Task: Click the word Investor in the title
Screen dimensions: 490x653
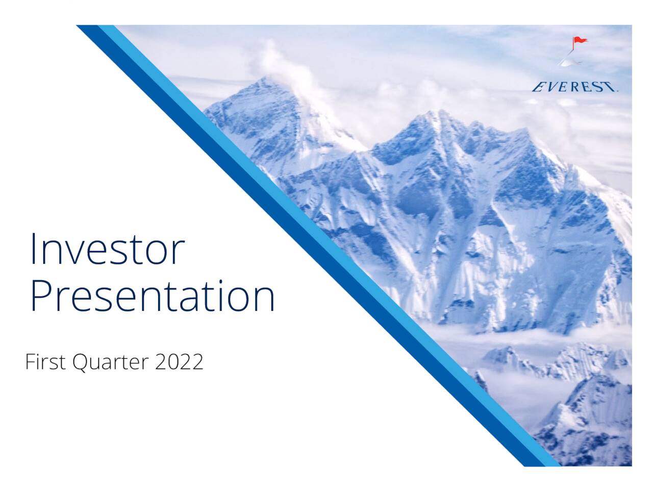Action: point(107,250)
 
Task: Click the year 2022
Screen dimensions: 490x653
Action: point(179,362)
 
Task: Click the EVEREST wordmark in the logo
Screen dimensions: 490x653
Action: point(574,87)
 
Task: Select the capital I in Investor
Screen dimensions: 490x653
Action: point(34,249)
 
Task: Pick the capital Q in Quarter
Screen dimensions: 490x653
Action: point(81,362)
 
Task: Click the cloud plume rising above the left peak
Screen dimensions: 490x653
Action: point(286,66)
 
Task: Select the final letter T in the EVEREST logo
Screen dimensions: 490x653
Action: point(609,87)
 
